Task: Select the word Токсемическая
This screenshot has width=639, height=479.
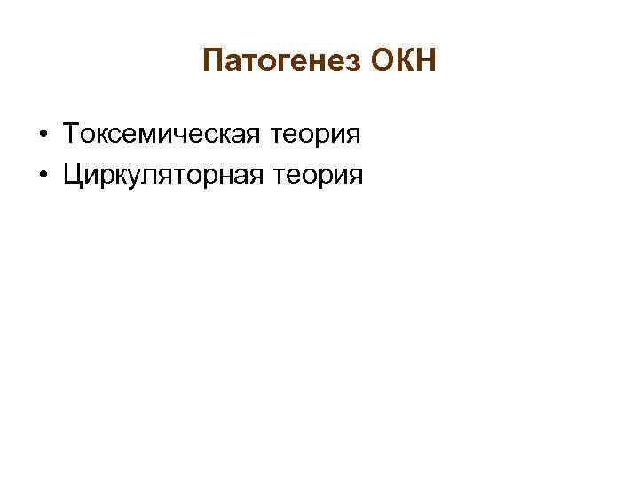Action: (159, 136)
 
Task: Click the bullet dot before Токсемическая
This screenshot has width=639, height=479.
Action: (43, 137)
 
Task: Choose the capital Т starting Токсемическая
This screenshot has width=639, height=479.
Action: (70, 135)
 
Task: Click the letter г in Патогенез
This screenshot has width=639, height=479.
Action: (289, 64)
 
